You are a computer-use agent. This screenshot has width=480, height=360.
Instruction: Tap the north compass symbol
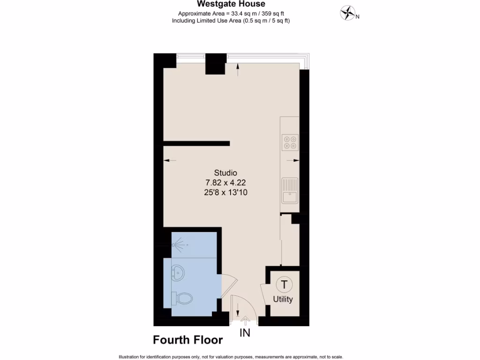[347, 13]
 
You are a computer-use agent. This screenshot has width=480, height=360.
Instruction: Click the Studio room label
[225, 172]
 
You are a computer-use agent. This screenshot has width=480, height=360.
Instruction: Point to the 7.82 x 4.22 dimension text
[225, 182]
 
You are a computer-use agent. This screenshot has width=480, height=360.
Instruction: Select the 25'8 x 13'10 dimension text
[225, 192]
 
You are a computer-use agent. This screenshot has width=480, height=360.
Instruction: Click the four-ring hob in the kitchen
[290, 142]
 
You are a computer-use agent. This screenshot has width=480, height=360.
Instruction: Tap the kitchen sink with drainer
[290, 191]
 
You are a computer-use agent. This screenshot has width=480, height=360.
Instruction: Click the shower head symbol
[179, 244]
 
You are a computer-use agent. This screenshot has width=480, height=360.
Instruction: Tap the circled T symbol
[284, 284]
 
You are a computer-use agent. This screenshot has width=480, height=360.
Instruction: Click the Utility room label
[283, 299]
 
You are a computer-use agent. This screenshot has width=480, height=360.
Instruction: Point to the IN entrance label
[245, 333]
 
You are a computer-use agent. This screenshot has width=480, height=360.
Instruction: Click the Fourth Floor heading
[187, 340]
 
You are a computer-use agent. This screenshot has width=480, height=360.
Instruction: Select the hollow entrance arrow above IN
[245, 321]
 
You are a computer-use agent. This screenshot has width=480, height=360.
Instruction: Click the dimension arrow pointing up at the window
[238, 70]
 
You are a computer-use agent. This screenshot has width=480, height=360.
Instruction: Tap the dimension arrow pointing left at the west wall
[169, 161]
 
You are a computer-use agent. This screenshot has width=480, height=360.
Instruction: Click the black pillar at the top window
[216, 64]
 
